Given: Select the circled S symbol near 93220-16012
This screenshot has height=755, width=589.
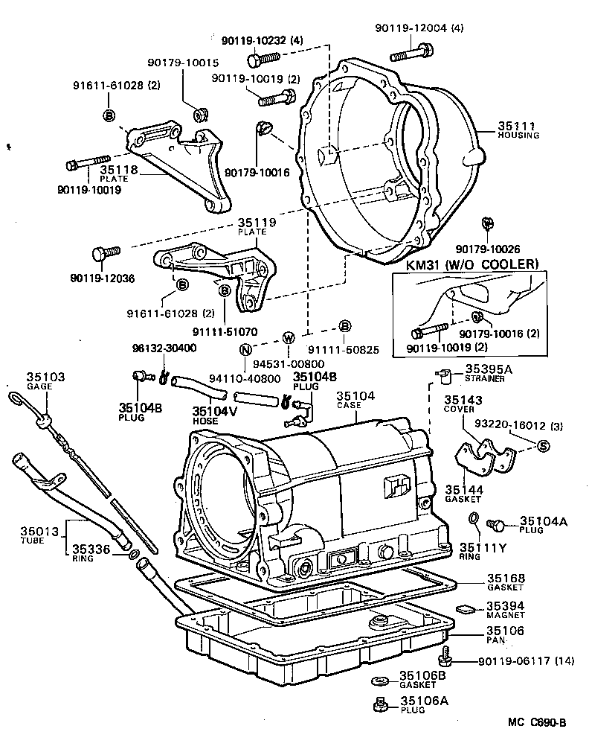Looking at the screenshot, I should [x=541, y=445].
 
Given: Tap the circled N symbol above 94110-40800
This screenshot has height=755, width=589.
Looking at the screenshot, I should [x=245, y=349].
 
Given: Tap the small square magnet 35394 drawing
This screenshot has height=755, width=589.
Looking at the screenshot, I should [x=466, y=608].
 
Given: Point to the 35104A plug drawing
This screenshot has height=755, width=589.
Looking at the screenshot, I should [x=495, y=525].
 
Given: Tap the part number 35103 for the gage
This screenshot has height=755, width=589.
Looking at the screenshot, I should [x=46, y=377].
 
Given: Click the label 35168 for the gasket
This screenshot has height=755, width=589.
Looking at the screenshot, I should [x=506, y=578].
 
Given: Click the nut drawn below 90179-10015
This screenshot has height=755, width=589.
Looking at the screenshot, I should [x=199, y=115].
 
